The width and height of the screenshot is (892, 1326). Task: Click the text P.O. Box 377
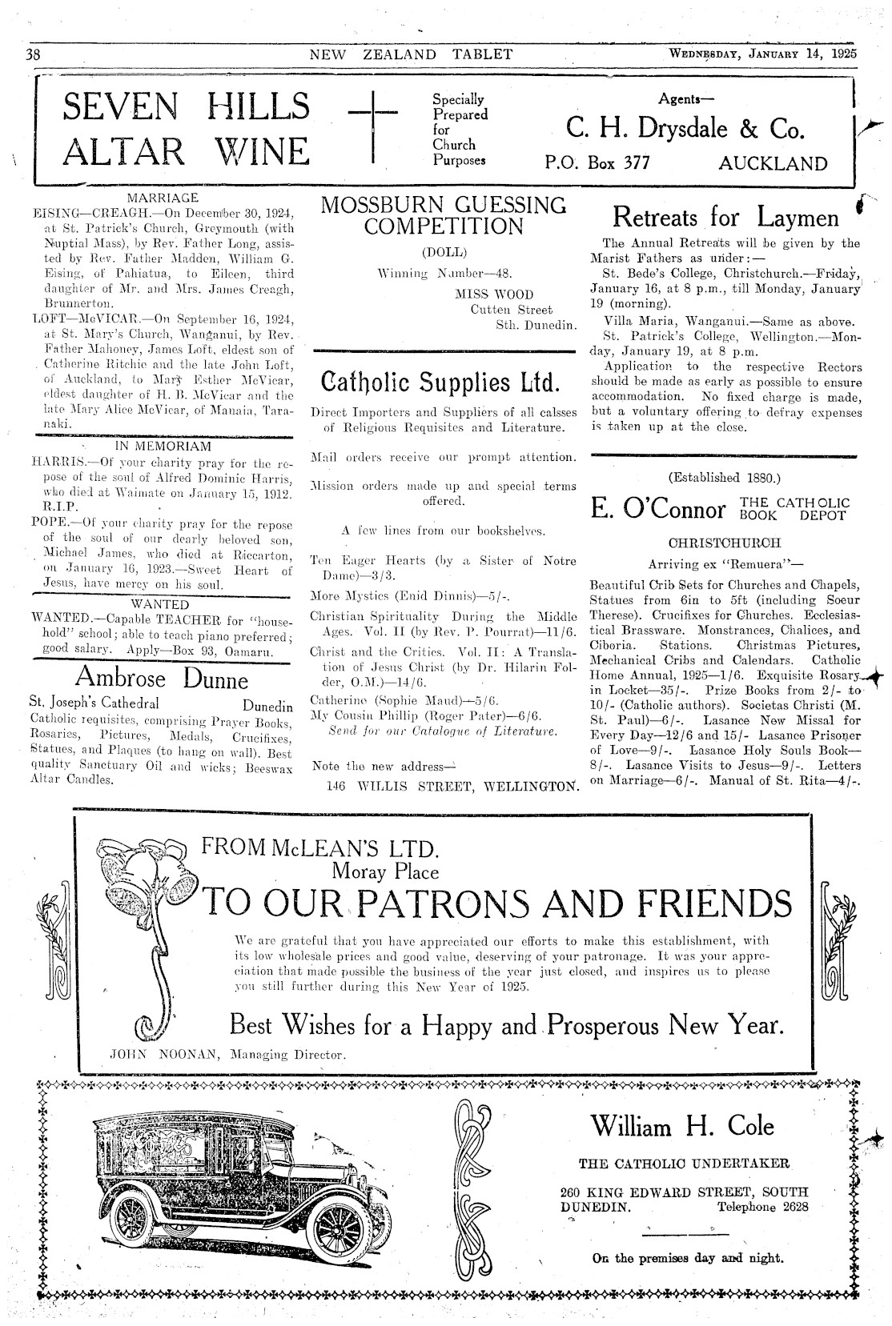click(597, 164)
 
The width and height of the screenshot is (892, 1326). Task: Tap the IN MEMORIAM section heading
click(163, 446)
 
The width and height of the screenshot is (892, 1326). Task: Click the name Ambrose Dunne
click(162, 679)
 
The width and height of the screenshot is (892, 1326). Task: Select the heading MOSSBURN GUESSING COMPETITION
click(444, 215)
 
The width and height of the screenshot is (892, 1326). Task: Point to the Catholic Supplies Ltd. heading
click(440, 381)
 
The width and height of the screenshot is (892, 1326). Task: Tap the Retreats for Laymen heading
click(725, 217)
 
